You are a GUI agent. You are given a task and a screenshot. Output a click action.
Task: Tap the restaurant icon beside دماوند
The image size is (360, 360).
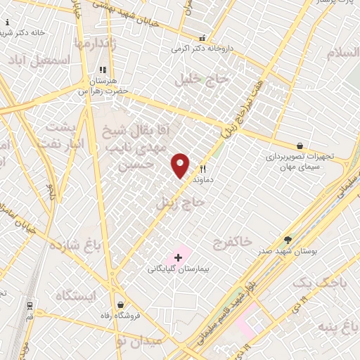203,169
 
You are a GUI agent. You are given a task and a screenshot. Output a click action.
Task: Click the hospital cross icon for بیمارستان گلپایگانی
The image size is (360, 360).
178,257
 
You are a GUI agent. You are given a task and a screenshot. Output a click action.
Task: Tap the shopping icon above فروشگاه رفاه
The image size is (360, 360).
122,305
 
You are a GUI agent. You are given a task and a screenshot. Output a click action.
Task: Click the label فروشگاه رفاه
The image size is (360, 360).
122,315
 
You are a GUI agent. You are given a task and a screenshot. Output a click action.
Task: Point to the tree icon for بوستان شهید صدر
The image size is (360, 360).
287,240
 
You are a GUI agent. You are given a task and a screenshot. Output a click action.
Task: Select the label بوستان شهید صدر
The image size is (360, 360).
287,250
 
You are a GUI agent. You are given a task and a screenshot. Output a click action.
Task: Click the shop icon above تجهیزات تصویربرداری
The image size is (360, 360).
300,146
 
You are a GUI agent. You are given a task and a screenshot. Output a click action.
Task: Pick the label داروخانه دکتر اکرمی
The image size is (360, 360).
202,49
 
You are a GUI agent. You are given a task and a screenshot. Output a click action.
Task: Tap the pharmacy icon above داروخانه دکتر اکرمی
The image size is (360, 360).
202,39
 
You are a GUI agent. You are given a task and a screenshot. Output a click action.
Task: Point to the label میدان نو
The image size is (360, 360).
139,341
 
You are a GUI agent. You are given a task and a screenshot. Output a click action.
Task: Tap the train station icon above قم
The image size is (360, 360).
30,306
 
